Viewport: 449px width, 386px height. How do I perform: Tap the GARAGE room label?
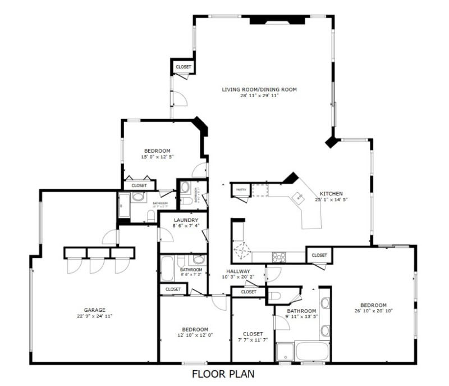[x=95, y=310]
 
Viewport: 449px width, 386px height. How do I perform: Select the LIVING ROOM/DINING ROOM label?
[x=259, y=89]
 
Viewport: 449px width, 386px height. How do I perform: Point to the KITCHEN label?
[x=331, y=193]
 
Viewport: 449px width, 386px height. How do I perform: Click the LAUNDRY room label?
[x=186, y=220]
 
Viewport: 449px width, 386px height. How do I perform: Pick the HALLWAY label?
[x=238, y=271]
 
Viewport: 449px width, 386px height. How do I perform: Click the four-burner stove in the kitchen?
[x=279, y=257]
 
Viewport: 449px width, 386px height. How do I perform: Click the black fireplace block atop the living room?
[x=277, y=20]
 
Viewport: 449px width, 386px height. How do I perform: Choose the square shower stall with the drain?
[x=285, y=351]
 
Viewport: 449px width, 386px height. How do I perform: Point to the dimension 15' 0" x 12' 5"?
[x=157, y=157]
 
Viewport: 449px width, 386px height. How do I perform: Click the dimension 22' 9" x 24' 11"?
[x=95, y=316]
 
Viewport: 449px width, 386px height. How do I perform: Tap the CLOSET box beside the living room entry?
[x=183, y=67]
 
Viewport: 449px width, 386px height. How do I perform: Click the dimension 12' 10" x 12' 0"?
[x=195, y=335]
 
